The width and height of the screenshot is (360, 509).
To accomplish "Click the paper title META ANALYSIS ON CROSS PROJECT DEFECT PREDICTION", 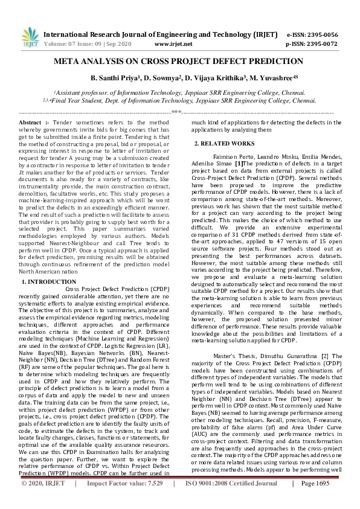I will tap(179, 62).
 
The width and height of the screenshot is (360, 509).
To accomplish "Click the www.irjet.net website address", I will tap(173, 44).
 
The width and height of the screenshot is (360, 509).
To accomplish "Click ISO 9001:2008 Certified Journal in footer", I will tap(236, 501).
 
